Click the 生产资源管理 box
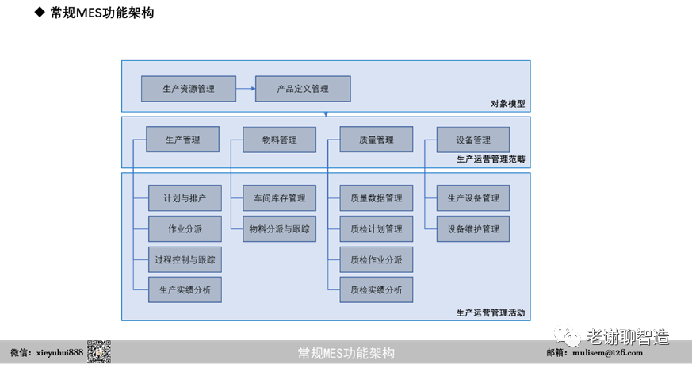point(188,89)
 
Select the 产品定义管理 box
point(302,89)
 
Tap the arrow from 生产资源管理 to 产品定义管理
point(244,89)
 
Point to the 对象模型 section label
point(507,104)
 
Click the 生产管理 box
point(182,140)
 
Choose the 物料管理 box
point(279,140)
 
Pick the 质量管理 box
point(376,140)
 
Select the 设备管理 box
point(472,140)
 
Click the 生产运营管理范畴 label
point(491,159)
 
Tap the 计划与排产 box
point(185,197)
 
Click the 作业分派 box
point(185,228)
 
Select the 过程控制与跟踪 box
point(185,259)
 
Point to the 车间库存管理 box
point(279,197)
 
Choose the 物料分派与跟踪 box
point(279,228)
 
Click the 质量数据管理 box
point(377,197)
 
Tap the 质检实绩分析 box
point(377,289)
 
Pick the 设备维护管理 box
point(473,228)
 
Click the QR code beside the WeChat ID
point(98,352)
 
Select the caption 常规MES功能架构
point(346,353)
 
